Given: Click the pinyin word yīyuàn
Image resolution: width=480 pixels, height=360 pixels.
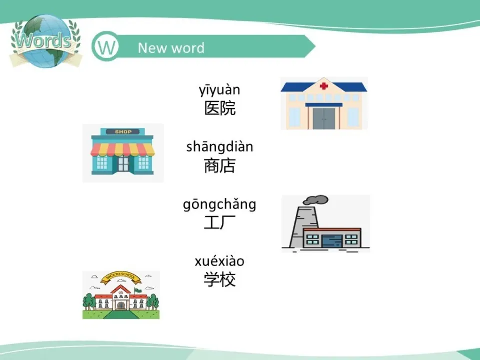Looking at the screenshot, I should click(x=220, y=90).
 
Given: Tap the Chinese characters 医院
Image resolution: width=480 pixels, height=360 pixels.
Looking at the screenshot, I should click(x=220, y=108).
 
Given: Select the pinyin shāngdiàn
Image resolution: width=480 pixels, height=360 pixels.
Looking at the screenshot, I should click(x=220, y=147).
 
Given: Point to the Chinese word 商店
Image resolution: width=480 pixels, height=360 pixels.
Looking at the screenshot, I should click(x=220, y=165).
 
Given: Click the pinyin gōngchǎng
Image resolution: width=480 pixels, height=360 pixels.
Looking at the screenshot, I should click(x=220, y=205).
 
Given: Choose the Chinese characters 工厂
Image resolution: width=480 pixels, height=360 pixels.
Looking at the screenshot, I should click(x=220, y=223).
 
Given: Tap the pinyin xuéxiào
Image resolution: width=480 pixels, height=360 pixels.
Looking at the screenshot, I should click(x=220, y=261).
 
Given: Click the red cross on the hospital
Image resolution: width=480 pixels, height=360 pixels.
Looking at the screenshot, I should click(x=324, y=86).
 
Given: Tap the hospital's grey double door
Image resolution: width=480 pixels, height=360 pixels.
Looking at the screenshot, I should click(x=324, y=118).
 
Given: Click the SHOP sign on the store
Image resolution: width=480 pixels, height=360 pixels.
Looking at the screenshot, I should click(x=123, y=132).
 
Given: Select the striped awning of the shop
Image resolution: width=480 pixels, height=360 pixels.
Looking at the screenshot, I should click(x=123, y=149).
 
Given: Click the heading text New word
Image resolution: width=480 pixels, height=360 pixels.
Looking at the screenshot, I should click(x=171, y=48).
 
